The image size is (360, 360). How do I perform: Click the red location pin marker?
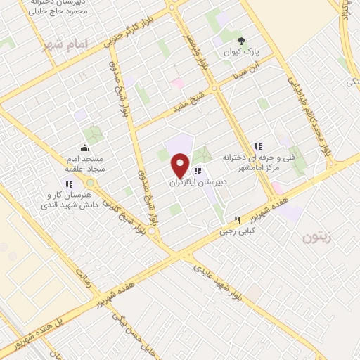[x=181, y=166]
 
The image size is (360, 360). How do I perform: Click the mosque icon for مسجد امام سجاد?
[x=85, y=148]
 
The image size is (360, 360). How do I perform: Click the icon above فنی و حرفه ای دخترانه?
[x=258, y=146]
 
